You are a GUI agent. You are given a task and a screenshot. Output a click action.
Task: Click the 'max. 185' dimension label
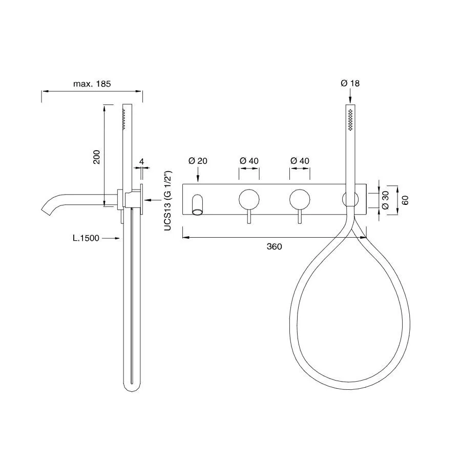click(x=92, y=84)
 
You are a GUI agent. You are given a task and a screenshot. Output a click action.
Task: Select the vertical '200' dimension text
click(x=96, y=157)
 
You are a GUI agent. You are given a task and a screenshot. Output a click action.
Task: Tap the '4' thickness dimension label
click(x=142, y=161)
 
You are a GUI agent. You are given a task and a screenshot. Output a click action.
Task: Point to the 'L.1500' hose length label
click(x=86, y=238)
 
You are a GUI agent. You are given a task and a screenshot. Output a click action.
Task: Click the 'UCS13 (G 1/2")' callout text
click(x=167, y=200)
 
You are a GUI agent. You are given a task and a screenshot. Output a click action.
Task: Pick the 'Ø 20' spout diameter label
click(x=198, y=161)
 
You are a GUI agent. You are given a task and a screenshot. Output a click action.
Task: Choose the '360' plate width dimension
click(x=275, y=246)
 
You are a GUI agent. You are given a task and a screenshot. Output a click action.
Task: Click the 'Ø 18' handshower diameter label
click(x=350, y=83)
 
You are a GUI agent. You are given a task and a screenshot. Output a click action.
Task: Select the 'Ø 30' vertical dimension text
click(x=385, y=200)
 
